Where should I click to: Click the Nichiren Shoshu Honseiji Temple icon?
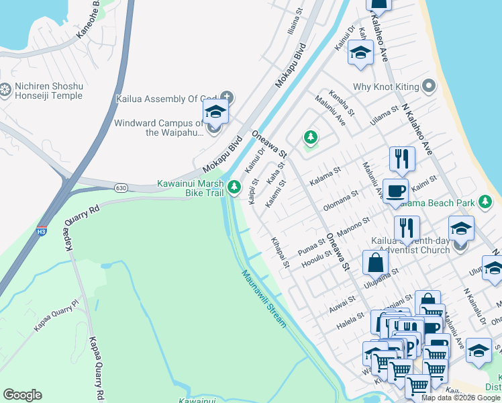(5, 89)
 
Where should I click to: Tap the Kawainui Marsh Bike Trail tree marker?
(234, 187)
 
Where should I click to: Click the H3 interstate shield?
(42, 231)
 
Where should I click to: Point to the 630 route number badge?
(121, 187)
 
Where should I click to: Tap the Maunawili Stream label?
(264, 298)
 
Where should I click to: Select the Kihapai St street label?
(280, 252)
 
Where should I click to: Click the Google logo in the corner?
(22, 395)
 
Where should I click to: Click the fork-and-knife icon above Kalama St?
(401, 159)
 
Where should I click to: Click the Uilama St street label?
(385, 112)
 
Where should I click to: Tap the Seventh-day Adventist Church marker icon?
(460, 245)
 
